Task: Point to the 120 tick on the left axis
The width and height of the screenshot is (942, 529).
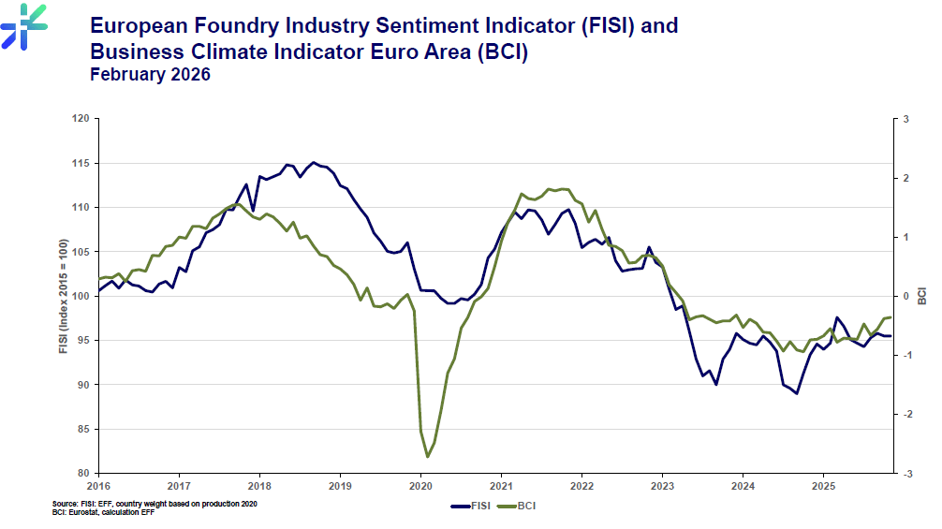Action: [x=81, y=119]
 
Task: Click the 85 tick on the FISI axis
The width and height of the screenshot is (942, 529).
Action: [x=84, y=430]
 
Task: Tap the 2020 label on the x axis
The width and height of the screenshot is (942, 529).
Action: [x=420, y=486]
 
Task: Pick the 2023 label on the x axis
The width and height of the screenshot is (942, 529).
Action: [x=662, y=486]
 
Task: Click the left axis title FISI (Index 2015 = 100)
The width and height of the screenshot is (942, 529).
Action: [x=63, y=296]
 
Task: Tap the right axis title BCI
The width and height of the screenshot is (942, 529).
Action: [x=923, y=296]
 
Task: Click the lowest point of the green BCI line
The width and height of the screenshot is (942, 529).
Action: [x=428, y=457]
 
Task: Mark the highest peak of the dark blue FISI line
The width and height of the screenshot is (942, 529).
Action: [x=313, y=162]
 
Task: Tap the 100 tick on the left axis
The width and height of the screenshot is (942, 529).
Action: [x=81, y=296]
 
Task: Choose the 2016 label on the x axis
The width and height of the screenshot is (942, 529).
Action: [x=98, y=486]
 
